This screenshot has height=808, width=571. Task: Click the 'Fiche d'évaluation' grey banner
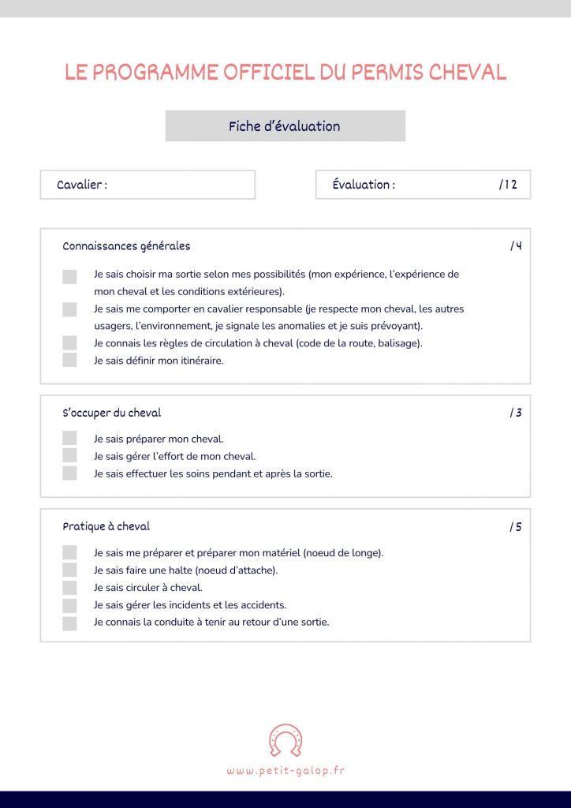pos(285,126)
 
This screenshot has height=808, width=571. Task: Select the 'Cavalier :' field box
pos(147,185)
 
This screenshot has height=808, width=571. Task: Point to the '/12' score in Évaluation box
pos(508,185)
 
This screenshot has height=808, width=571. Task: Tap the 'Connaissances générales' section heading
pos(126,246)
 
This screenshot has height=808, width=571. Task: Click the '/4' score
pos(516,246)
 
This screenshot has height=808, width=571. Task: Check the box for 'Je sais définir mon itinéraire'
pos(69,361)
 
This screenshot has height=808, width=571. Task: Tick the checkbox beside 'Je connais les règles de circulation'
pos(69,343)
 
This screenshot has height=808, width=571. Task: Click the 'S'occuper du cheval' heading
pos(111,413)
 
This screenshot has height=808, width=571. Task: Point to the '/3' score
pos(516,413)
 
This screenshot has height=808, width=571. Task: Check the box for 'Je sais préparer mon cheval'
pos(69,438)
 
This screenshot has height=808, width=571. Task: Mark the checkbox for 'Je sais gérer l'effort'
pos(69,456)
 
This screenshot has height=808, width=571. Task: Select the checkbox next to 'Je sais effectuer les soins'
pos(69,473)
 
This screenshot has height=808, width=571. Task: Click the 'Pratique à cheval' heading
pos(106,526)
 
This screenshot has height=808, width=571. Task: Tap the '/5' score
pos(516,527)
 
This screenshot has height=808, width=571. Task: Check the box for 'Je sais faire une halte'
pos(69,570)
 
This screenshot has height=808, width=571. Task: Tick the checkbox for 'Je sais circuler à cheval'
pos(69,588)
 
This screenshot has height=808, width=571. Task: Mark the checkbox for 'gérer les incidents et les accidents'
pos(69,605)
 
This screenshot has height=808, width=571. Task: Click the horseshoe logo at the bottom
pos(285,740)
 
